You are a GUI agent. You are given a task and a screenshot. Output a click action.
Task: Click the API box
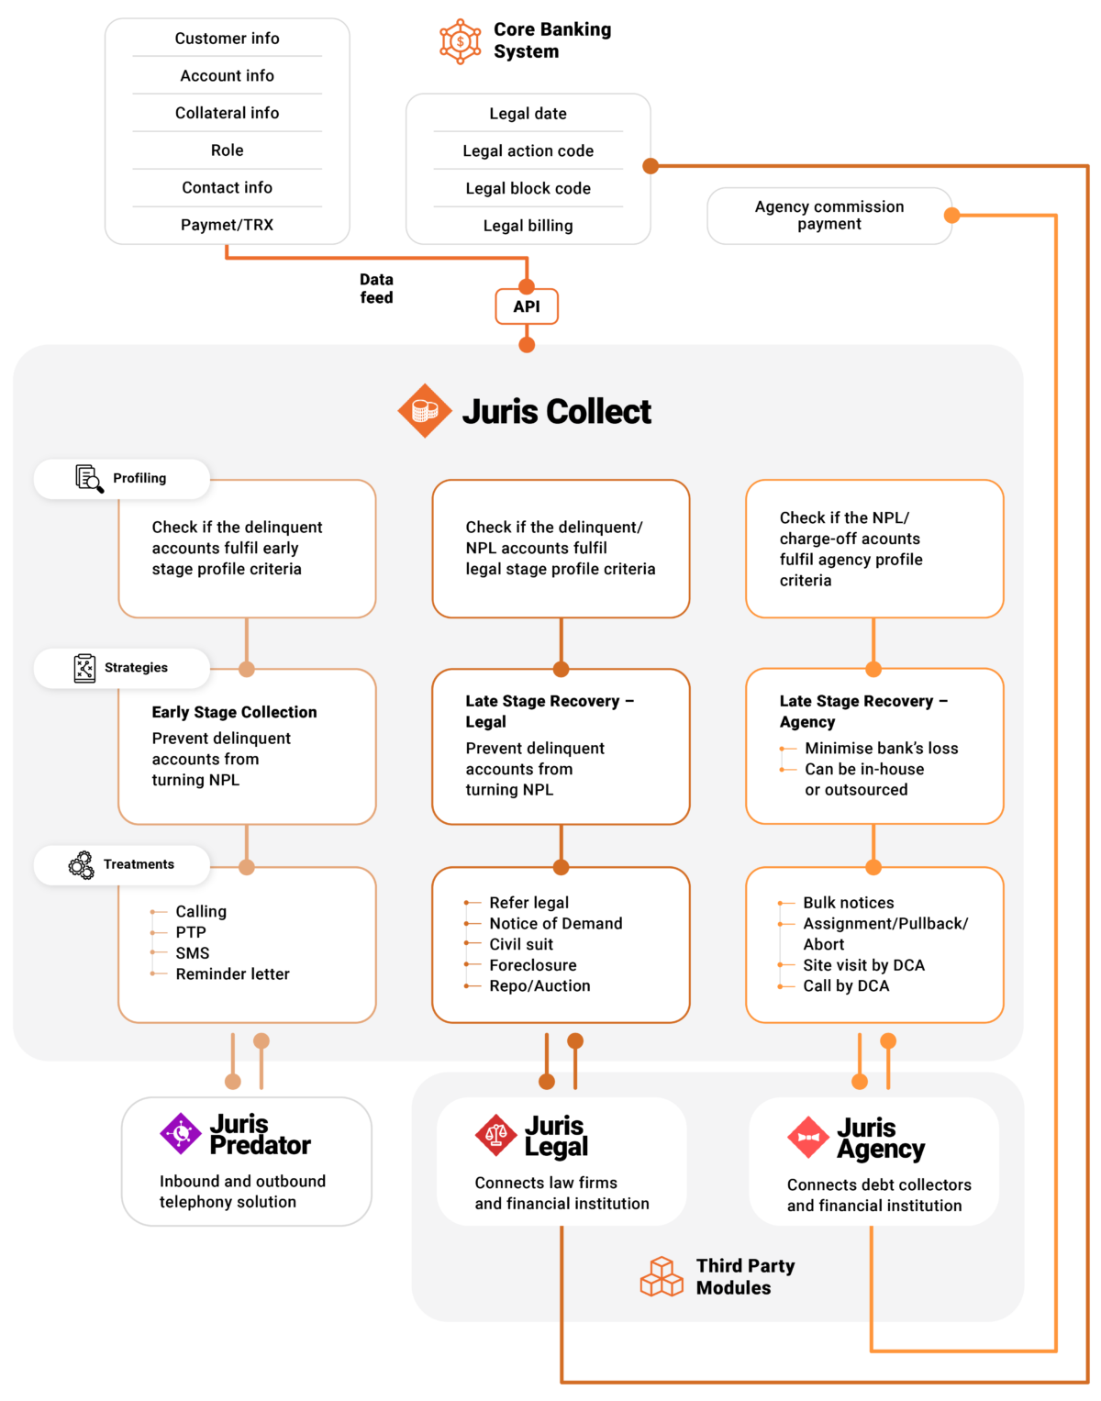tap(527, 306)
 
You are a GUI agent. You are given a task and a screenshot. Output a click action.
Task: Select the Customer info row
tap(227, 39)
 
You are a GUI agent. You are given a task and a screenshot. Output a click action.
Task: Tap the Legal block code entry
tap(528, 188)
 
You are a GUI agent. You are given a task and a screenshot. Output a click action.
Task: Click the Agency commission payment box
tap(829, 216)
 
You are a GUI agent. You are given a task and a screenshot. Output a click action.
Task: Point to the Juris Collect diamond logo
tap(424, 411)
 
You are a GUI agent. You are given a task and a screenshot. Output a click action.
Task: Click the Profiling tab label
tap(139, 478)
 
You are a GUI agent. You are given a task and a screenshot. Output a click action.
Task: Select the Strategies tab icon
tap(84, 668)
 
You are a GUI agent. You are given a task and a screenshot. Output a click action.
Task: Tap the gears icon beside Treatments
tap(82, 864)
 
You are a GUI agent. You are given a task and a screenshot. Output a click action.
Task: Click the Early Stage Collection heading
tap(234, 712)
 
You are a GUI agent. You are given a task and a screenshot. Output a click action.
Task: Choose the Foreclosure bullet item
tap(532, 965)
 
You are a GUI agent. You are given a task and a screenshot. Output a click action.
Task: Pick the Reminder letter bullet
tap(232, 974)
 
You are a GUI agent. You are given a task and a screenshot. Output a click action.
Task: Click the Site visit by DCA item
tap(863, 965)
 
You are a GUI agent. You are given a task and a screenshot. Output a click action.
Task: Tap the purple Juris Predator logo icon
tap(181, 1134)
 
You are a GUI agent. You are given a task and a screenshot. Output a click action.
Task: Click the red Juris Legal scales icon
tap(496, 1136)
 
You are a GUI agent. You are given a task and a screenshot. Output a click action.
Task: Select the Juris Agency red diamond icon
tap(808, 1138)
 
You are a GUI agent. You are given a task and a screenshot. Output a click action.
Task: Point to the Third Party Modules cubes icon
tap(662, 1276)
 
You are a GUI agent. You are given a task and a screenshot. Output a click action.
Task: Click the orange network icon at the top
tap(460, 41)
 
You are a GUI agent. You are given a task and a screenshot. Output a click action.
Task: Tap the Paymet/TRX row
tap(227, 225)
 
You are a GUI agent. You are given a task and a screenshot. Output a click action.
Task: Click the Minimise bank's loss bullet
tap(881, 749)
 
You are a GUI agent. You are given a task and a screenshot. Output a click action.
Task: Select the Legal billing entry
tap(528, 226)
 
